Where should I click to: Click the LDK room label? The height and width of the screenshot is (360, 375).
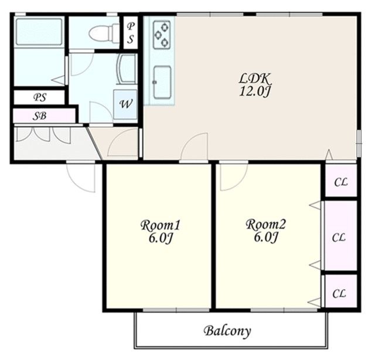click(x=255, y=78)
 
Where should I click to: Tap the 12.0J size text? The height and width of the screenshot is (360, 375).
click(x=255, y=91)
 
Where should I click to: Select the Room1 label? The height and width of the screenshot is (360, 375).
click(x=160, y=225)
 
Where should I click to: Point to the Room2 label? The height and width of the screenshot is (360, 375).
click(x=265, y=225)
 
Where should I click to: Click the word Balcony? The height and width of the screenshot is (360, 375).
click(x=227, y=331)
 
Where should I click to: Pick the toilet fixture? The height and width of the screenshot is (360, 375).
click(x=104, y=33)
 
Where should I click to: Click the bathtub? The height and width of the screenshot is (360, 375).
click(x=39, y=32)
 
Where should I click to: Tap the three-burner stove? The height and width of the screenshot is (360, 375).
click(x=162, y=35)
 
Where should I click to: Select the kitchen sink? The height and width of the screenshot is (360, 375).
click(x=162, y=82)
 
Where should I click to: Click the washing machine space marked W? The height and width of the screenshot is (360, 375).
click(x=125, y=104)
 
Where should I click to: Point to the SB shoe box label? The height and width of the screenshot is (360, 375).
click(x=39, y=116)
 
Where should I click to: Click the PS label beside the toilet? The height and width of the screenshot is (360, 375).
click(x=130, y=33)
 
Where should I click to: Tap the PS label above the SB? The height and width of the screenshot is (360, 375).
click(x=39, y=97)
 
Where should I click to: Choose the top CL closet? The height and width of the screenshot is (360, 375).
click(x=341, y=182)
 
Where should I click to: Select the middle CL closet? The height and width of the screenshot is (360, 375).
click(x=339, y=237)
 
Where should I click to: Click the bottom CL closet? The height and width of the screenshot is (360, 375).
click(x=339, y=294)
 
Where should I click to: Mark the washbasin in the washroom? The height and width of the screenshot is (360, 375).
click(x=127, y=69)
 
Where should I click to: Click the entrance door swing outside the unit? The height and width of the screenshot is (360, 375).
click(x=81, y=178)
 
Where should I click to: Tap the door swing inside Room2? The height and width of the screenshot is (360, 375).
click(x=234, y=177)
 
